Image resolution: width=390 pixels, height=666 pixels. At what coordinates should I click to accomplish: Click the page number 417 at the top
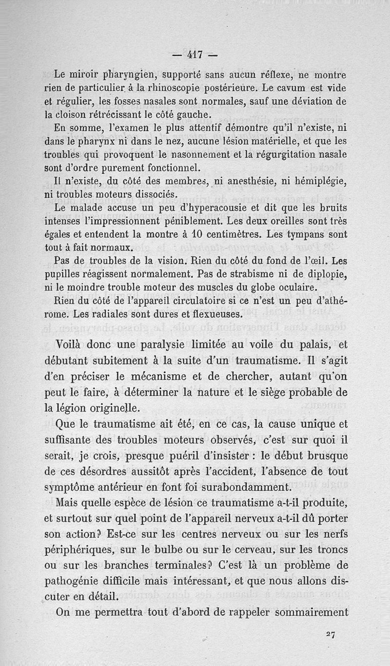195,55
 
